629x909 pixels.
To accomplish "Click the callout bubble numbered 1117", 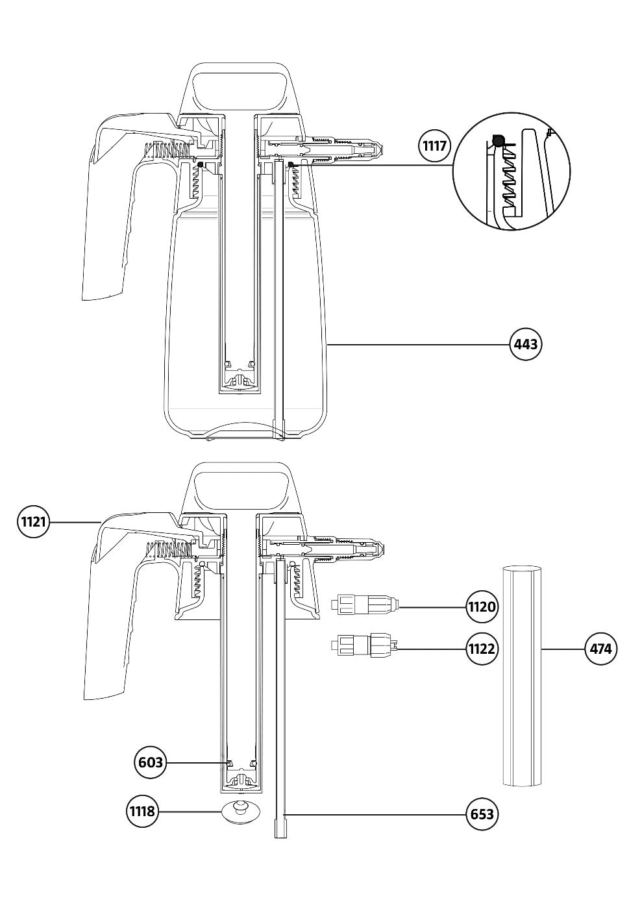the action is [x=435, y=145].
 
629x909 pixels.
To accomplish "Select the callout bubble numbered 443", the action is [x=526, y=345].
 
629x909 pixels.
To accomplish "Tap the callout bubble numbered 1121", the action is [x=33, y=521].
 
